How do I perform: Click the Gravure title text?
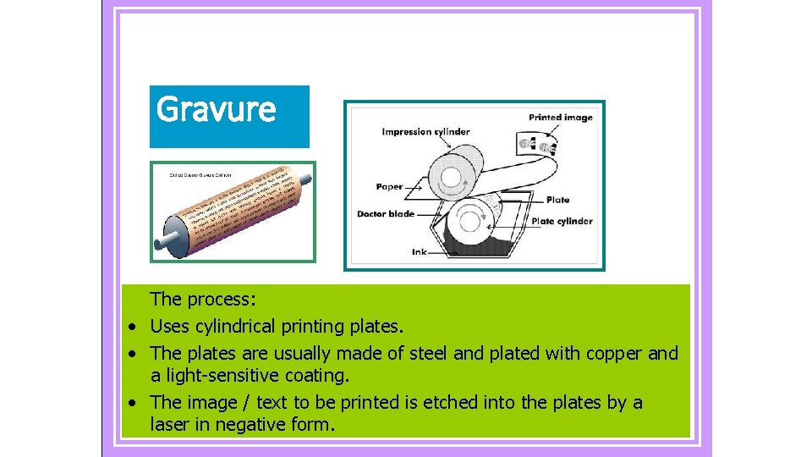pyautogui.click(x=217, y=109)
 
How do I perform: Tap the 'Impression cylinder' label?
pyautogui.click(x=425, y=132)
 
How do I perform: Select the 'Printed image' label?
pyautogui.click(x=561, y=118)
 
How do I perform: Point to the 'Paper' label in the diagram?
pyautogui.click(x=389, y=186)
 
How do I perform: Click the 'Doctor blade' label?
pyautogui.click(x=386, y=214)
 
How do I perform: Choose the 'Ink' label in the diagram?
pyautogui.click(x=419, y=252)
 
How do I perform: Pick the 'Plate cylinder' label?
pyautogui.click(x=562, y=222)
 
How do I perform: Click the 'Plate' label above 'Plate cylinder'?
pyautogui.click(x=557, y=201)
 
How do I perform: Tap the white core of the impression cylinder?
pyautogui.click(x=451, y=178)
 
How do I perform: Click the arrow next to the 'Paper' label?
pyautogui.click(x=415, y=186)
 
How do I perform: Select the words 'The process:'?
pyautogui.click(x=204, y=299)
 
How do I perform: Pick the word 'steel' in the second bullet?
pyautogui.click(x=431, y=353)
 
